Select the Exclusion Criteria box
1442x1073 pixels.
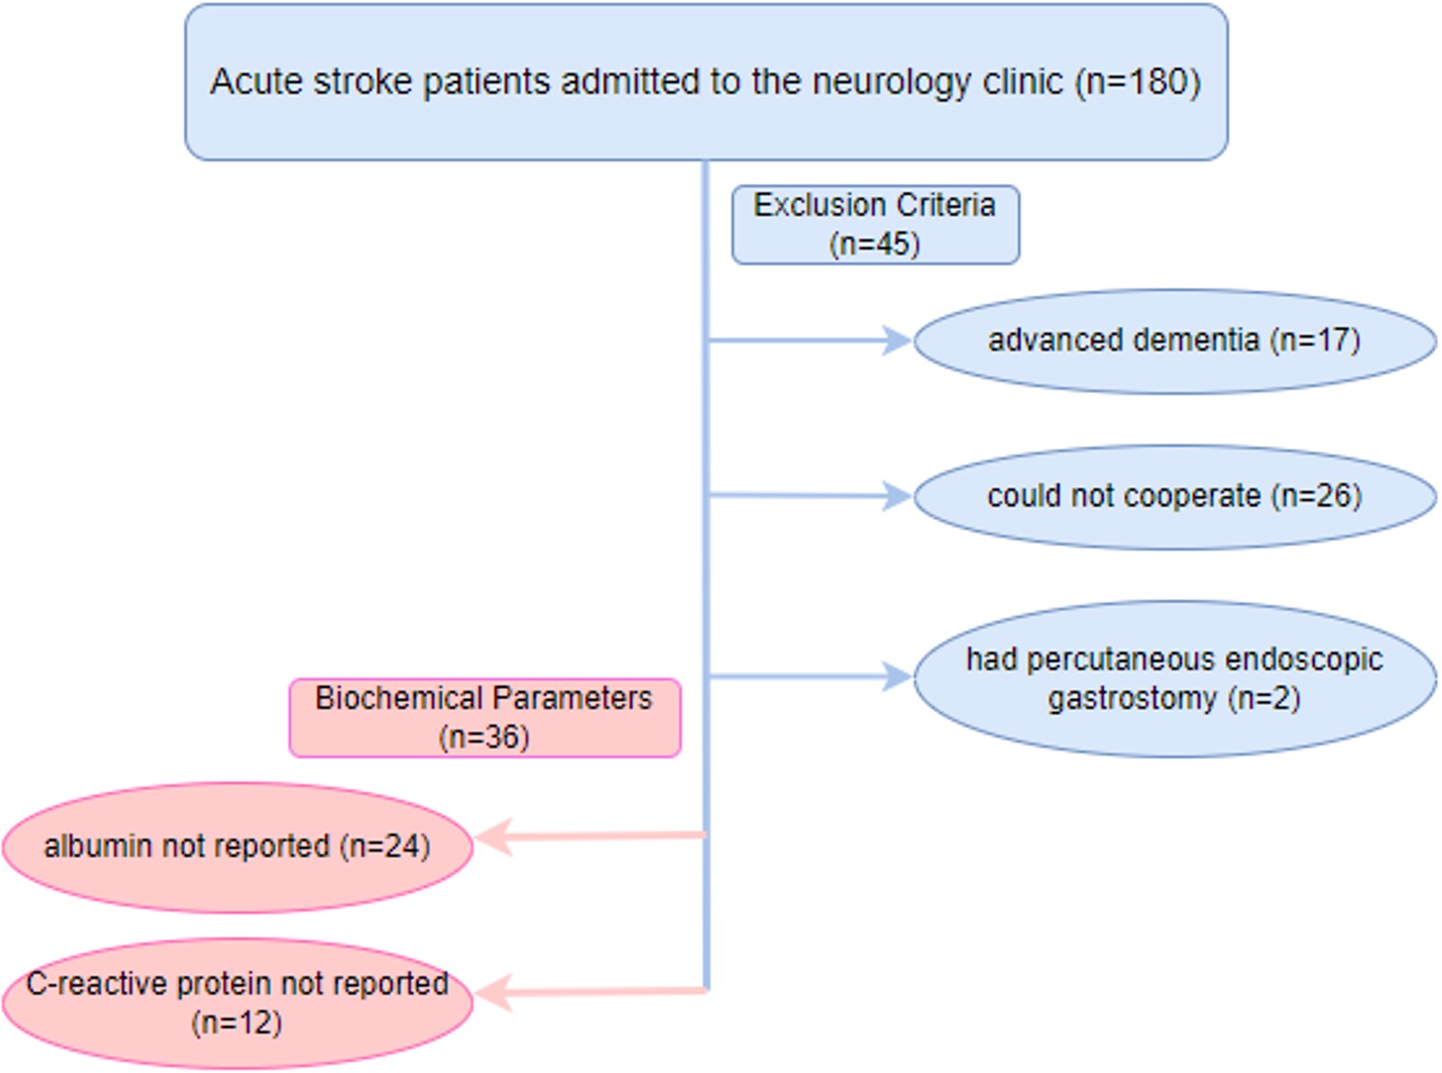point(875,224)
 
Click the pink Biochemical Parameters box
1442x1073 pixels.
point(484,717)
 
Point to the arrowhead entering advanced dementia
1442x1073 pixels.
point(897,341)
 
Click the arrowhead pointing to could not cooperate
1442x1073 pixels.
point(897,496)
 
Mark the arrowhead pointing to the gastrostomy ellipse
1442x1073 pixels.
point(897,677)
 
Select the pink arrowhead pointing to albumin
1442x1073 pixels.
point(491,837)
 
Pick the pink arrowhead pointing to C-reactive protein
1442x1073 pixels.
point(491,993)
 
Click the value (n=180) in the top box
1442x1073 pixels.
point(1137,82)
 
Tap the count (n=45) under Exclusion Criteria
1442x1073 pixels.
point(874,245)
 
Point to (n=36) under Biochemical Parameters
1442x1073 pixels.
point(484,738)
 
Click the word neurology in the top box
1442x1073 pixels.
point(891,83)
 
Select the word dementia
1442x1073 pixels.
point(1196,340)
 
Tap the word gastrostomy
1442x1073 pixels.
point(1131,698)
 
